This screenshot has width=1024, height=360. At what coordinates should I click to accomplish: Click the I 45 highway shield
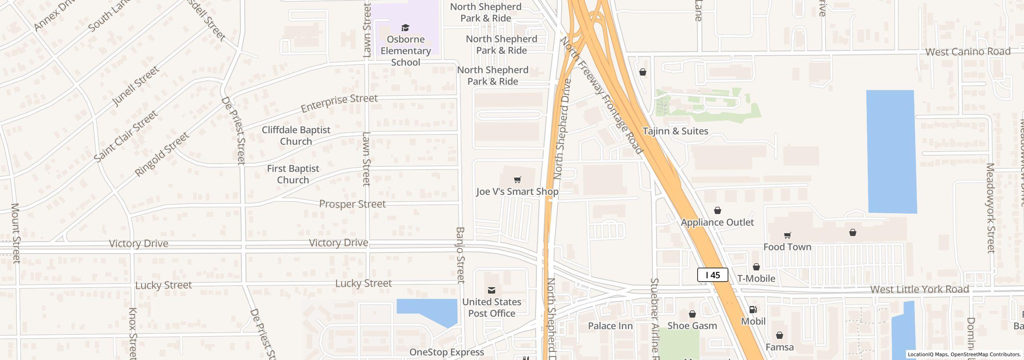pos(712,275)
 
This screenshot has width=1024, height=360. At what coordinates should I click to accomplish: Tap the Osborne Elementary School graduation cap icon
pos(405,28)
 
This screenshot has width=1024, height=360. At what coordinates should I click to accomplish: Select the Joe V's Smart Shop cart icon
pos(517,180)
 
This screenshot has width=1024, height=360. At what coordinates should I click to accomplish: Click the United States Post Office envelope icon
pos(492,290)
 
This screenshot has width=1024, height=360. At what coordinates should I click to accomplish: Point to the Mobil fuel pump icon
pos(753,310)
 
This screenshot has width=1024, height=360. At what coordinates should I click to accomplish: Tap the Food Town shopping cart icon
pos(787,235)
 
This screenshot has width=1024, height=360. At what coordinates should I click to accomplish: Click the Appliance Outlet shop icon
pos(718,210)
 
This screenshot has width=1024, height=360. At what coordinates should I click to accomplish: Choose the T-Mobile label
pos(756,278)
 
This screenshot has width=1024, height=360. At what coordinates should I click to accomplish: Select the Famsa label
pos(779,347)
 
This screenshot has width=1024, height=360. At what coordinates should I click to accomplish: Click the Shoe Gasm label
pos(692,326)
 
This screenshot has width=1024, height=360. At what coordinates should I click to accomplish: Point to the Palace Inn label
pos(610,326)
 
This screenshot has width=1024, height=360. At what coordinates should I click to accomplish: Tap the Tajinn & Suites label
pos(675,131)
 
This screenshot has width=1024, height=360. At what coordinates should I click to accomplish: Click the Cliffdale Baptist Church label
pos(296,136)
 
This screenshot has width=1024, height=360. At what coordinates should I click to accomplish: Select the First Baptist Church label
pos(293,174)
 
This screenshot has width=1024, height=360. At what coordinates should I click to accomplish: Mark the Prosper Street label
pos(352,204)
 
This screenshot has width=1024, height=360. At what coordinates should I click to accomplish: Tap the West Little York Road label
pos(919,289)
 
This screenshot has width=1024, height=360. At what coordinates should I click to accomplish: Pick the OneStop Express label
pos(446,352)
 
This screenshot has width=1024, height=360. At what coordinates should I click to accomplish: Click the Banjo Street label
pos(460,255)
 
